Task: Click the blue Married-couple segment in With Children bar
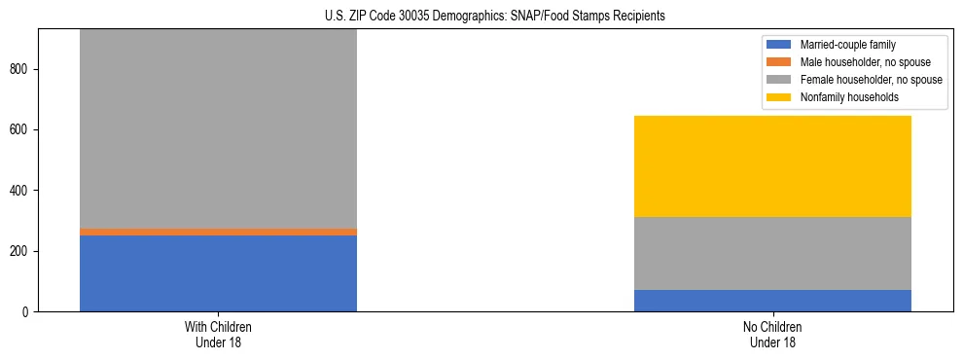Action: (218, 272)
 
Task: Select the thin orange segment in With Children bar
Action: (218, 232)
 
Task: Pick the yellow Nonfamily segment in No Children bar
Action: (772, 166)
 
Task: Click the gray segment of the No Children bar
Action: (772, 253)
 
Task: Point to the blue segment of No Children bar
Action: (772, 300)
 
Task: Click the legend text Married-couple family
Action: (845, 45)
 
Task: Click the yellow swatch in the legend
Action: (779, 97)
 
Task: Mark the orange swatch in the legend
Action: (779, 62)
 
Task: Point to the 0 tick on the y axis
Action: (27, 311)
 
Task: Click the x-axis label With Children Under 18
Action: (218, 335)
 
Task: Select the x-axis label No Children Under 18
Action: (772, 335)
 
